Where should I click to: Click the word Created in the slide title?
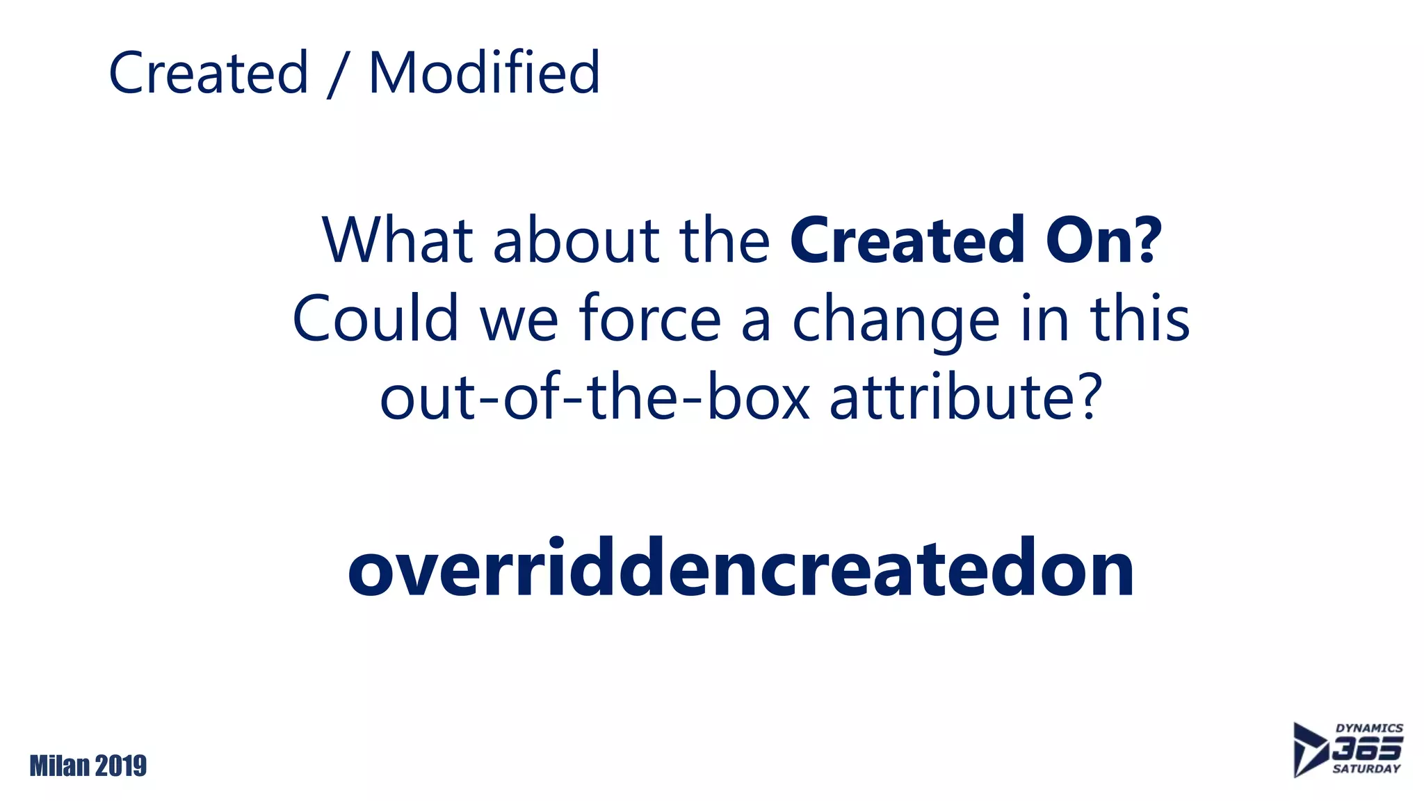pos(209,73)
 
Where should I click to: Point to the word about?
pos(576,241)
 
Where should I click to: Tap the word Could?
pos(375,318)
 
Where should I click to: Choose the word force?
pos(650,318)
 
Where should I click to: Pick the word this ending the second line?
pos(1140,318)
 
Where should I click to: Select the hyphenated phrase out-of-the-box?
pos(595,398)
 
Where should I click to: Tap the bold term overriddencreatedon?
pos(741,569)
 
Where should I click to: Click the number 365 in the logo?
pos(1367,749)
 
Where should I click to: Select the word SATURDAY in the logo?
pos(1366,769)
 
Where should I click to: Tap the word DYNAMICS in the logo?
pos(1369,728)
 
